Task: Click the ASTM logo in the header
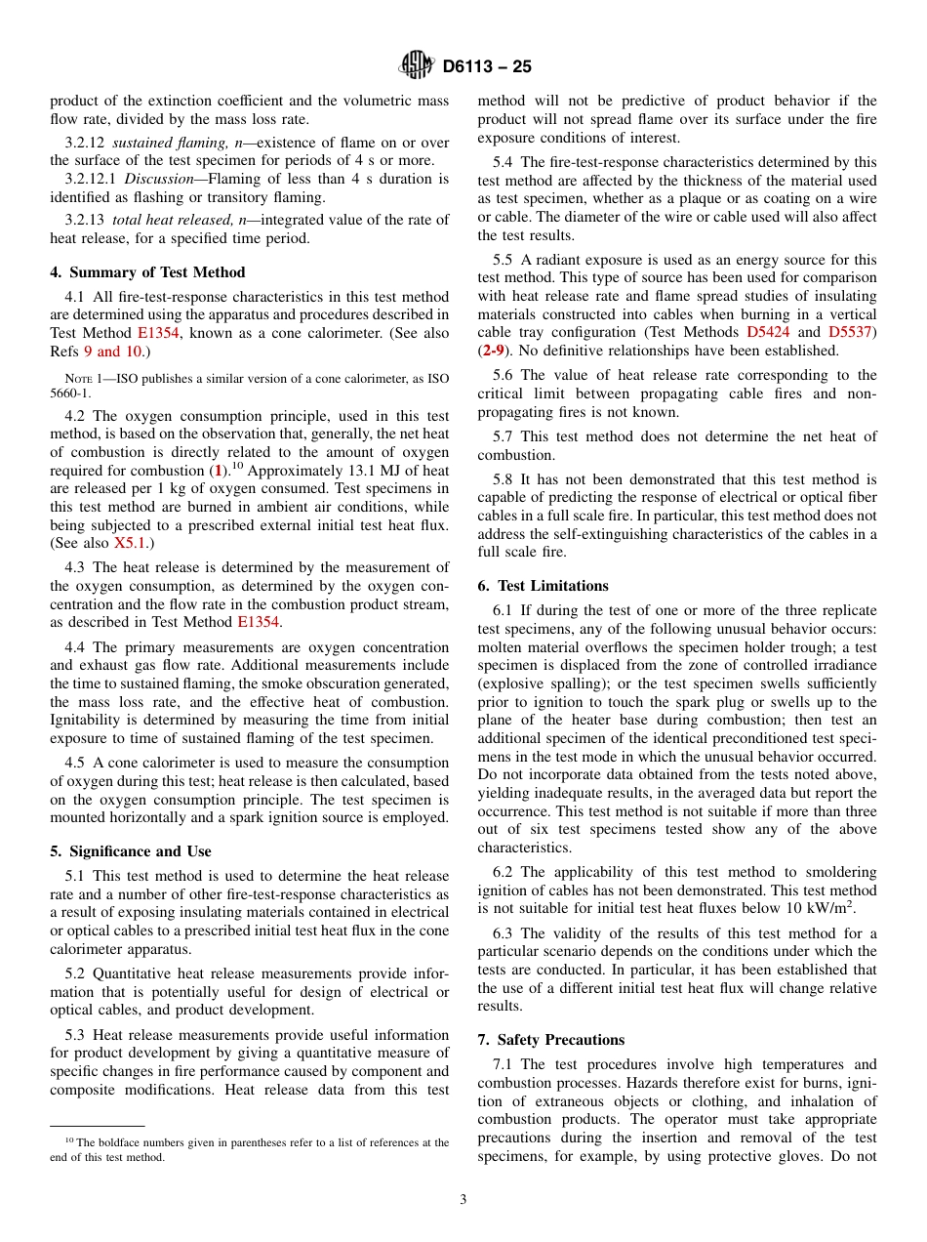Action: pos(417,66)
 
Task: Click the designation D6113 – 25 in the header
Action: pos(487,67)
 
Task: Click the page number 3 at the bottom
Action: pos(463,1200)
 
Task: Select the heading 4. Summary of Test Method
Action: pos(147,272)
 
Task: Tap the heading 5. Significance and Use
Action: pos(131,851)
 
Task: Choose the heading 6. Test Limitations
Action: pos(543,586)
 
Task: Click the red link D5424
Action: pos(767,332)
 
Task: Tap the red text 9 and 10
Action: pos(112,351)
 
